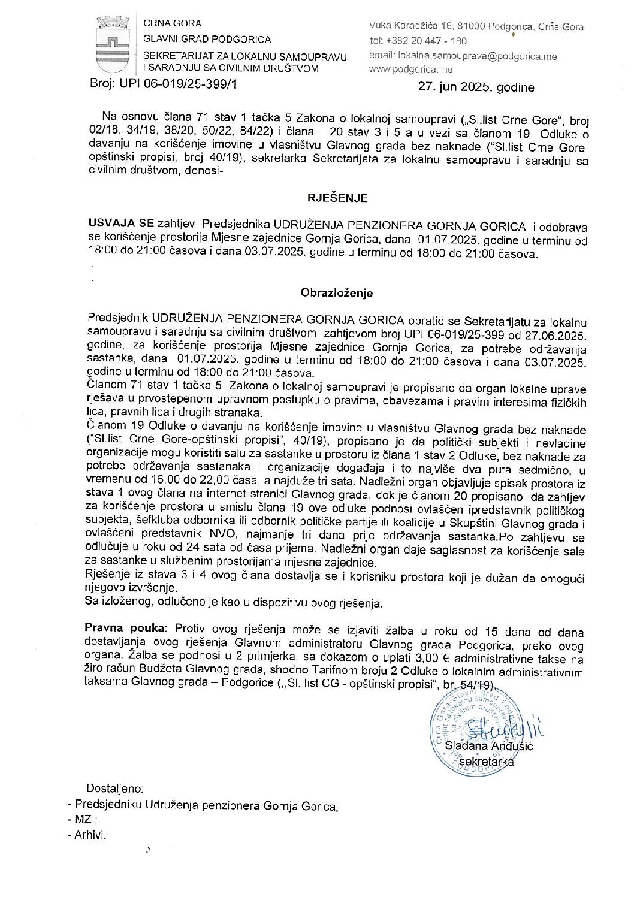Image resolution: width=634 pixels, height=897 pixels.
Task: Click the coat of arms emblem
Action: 112,44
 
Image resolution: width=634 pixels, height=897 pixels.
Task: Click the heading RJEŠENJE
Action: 337,198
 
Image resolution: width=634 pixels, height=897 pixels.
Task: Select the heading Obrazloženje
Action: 336,293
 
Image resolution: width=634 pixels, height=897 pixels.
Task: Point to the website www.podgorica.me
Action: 410,70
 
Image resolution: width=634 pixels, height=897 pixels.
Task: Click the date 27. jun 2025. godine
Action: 476,87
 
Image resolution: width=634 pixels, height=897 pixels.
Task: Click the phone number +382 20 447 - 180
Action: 427,41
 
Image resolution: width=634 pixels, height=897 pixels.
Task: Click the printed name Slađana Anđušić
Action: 489,746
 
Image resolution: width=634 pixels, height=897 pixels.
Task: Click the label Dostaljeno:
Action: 115,789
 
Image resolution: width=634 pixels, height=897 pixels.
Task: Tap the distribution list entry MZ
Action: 83,820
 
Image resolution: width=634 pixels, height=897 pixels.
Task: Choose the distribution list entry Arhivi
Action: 90,835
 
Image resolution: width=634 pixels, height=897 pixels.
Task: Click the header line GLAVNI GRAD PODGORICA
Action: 207,40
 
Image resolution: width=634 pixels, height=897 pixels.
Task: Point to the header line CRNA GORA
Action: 173,23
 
